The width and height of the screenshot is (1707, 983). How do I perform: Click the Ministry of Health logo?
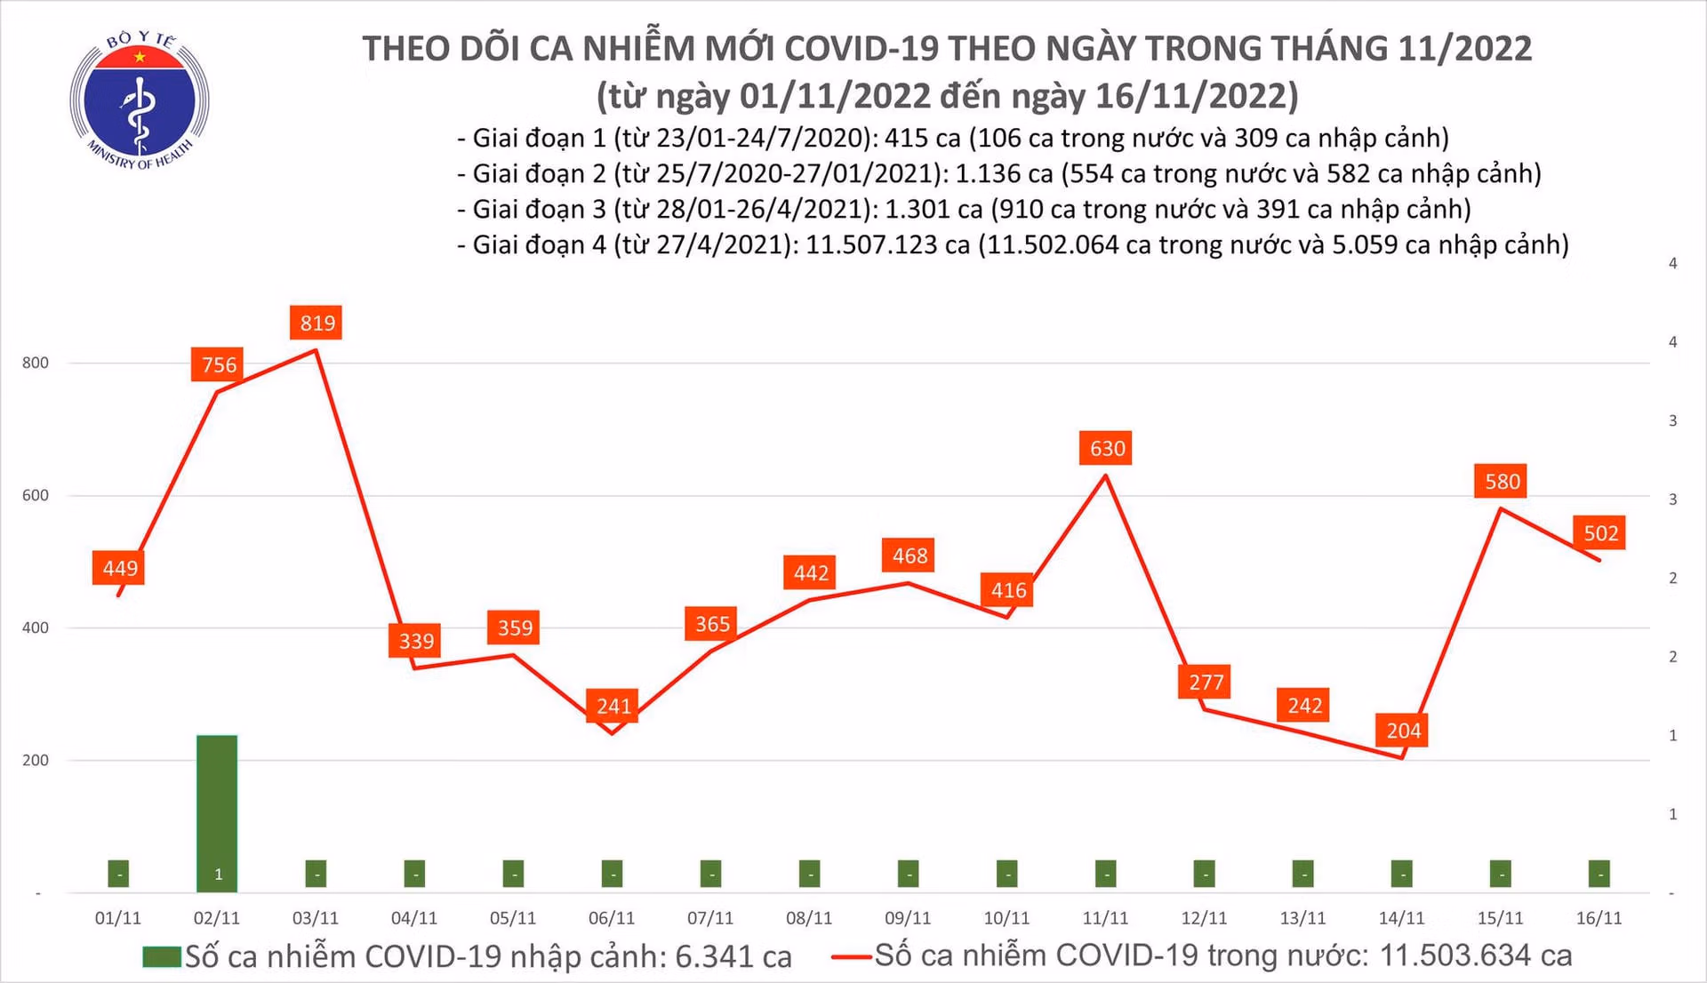pos(140,100)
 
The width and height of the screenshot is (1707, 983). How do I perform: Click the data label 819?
pos(317,323)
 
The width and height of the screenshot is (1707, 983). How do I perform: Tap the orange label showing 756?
pos(219,364)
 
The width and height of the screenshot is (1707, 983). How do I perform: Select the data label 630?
pos(1107,448)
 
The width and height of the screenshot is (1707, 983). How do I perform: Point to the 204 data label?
pos(1403,731)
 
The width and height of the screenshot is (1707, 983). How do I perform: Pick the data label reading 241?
pos(613,706)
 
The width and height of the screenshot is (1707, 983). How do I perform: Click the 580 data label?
pos(1502,481)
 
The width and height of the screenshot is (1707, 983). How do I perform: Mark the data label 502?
pos(1600,532)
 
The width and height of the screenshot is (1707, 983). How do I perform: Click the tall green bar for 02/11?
pos(217,813)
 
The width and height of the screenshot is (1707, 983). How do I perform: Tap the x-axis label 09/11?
pos(908,918)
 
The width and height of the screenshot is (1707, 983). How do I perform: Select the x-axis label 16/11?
pos(1599,918)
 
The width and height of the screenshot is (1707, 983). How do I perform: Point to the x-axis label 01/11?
pos(118,918)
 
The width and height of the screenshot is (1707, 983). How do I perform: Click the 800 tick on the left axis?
pos(36,363)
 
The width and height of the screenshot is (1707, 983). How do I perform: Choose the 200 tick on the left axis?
pos(36,760)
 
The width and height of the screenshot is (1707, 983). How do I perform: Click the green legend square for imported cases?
pos(162,957)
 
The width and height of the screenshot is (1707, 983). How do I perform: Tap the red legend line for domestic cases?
pos(851,957)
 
